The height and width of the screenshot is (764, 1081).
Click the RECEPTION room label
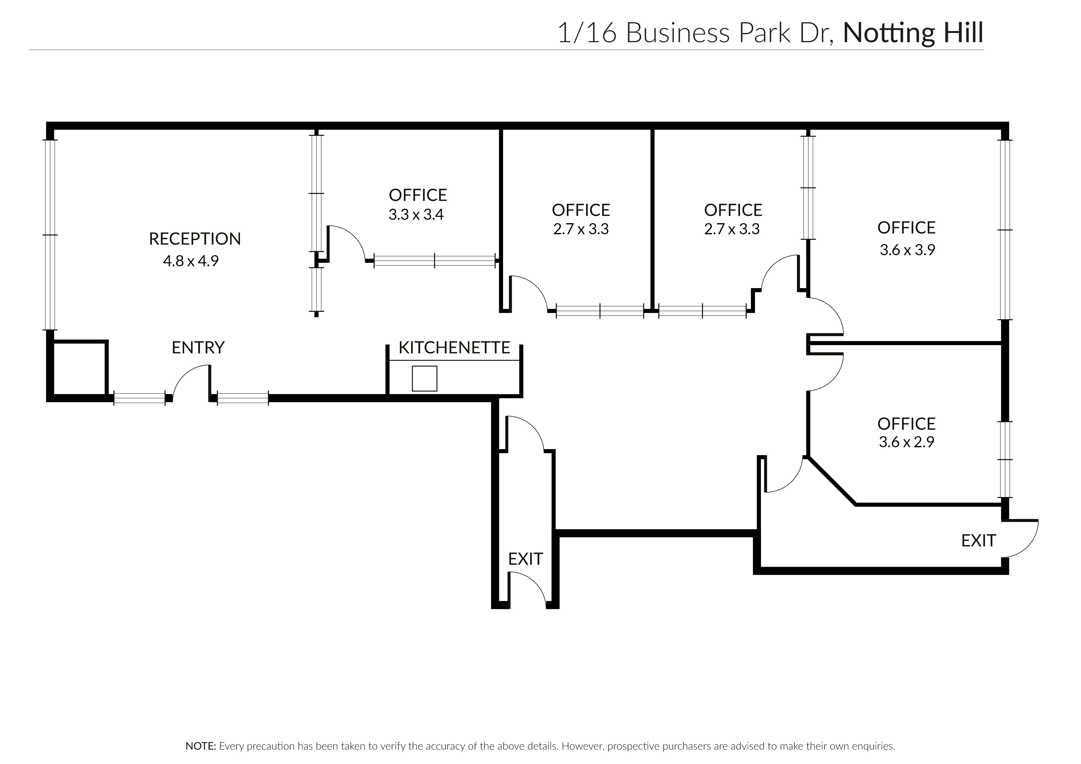(195, 239)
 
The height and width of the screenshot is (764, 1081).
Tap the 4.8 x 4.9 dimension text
(191, 261)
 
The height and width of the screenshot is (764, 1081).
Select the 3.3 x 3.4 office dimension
(416, 215)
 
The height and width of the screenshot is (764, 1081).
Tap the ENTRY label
(198, 348)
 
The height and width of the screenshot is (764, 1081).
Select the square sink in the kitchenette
(424, 379)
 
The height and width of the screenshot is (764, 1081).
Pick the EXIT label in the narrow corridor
(526, 559)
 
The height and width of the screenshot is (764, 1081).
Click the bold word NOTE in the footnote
(201, 746)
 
